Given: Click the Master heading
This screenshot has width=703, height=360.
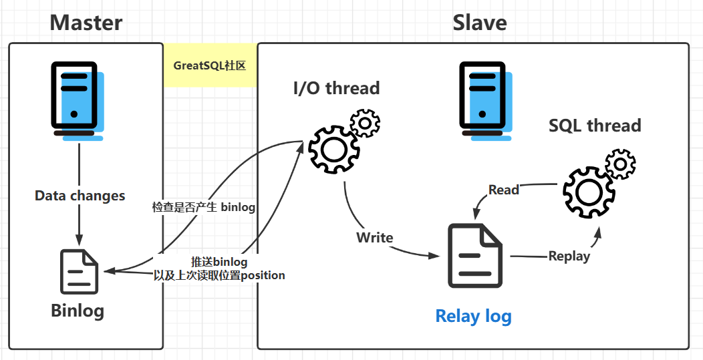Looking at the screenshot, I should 86,23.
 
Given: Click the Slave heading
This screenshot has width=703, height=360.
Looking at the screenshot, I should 479,23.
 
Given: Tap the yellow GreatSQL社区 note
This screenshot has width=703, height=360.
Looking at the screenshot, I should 210,65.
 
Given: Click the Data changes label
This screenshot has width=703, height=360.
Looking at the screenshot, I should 80,196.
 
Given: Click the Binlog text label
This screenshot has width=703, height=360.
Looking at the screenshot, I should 78,311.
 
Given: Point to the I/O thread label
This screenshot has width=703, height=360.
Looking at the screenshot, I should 336,88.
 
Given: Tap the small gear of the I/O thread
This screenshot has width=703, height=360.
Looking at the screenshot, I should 365,124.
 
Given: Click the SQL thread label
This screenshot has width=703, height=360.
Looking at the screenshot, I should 594,126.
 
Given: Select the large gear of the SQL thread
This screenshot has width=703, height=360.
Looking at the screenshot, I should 588,192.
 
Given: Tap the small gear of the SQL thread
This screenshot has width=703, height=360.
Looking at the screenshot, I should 620,162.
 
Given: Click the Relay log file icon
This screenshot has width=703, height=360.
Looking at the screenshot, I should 474,256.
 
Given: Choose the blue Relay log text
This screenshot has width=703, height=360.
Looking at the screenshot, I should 473,315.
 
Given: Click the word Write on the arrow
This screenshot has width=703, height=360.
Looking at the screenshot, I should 374,237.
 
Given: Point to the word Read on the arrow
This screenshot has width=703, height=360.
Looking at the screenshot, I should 503,190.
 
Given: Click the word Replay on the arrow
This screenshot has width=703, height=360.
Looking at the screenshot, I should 569,256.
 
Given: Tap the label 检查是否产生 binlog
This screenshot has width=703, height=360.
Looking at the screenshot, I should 204,207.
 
